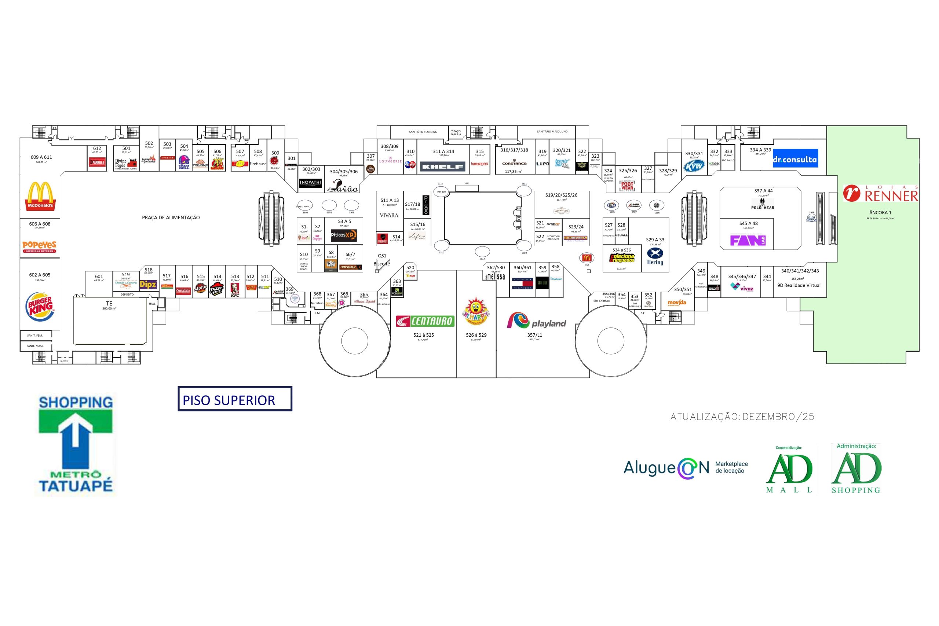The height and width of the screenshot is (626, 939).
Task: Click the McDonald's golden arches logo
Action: [x=40, y=196]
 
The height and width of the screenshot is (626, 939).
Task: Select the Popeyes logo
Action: [x=40, y=246]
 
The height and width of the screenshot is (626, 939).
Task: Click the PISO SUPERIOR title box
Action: [x=235, y=399]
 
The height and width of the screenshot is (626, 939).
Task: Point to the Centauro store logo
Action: [x=425, y=321]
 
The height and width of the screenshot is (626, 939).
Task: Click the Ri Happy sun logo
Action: [x=475, y=311]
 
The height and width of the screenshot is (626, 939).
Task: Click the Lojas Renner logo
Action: [x=880, y=194]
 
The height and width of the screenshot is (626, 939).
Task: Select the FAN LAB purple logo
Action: [x=748, y=241]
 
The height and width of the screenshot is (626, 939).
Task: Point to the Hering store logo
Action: [x=655, y=257]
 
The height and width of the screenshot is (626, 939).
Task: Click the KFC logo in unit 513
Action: [x=235, y=290]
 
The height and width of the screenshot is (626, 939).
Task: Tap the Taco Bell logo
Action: [x=184, y=162]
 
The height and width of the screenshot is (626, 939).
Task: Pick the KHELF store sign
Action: [x=442, y=166]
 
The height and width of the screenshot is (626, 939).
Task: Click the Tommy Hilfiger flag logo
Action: [x=523, y=283]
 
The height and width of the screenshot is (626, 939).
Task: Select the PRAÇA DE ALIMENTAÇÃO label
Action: [x=171, y=217]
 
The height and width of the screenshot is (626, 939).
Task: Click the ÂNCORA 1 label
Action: [x=880, y=213]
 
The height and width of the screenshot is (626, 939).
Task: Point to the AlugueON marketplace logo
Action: [x=685, y=468]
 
